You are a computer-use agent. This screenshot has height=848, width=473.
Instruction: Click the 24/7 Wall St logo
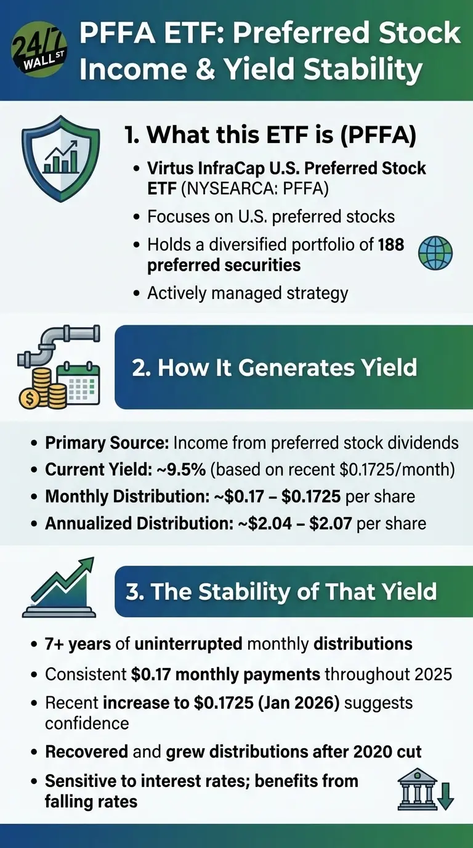[x=39, y=51]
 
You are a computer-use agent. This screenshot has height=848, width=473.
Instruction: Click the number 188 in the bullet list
[x=391, y=245]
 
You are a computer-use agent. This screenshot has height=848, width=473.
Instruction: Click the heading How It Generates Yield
[x=274, y=367]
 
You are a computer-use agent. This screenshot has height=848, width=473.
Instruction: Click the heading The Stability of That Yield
[x=281, y=591]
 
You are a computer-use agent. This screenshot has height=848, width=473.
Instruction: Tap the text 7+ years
[x=77, y=644]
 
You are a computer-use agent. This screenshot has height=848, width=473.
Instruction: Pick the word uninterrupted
[x=188, y=644]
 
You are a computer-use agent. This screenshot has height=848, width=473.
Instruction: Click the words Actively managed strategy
[x=248, y=293]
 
